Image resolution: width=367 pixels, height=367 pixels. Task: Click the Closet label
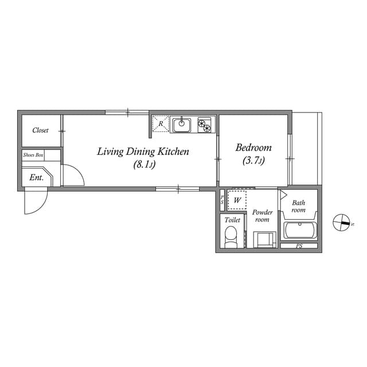40,130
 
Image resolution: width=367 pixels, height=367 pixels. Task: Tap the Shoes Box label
33,155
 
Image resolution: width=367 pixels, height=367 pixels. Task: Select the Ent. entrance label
37,178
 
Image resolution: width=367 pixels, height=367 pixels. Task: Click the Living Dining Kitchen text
143,151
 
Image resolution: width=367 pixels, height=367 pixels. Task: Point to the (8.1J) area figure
145,165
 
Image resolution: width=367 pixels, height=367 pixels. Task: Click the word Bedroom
253,147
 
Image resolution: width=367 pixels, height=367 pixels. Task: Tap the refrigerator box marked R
161,124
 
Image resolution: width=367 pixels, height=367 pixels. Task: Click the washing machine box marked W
237,201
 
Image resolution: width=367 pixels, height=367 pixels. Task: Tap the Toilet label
232,220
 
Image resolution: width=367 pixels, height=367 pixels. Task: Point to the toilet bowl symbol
231,236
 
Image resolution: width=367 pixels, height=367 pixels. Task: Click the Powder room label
262,216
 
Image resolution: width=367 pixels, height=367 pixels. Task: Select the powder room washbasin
264,239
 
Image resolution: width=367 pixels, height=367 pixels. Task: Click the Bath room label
299,206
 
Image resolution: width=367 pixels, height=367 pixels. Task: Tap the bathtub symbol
300,231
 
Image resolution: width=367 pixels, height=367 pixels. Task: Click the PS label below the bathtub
299,246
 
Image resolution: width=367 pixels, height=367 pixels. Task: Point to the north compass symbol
342,222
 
